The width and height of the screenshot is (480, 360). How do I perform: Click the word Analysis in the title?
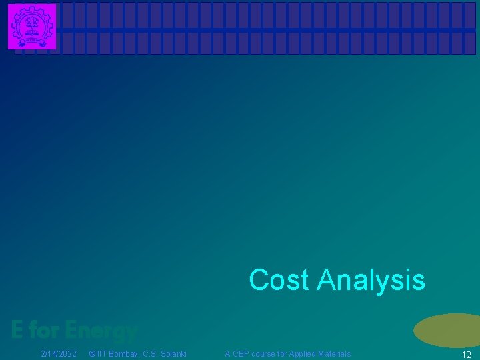point(371,281)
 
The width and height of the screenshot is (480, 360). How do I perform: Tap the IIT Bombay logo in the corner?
point(32,27)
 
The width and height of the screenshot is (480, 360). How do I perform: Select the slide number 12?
point(466,355)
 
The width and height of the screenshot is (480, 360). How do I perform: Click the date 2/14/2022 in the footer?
point(59,353)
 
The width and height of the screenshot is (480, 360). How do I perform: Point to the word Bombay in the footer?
point(124,353)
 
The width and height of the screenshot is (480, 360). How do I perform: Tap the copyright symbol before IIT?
point(93,353)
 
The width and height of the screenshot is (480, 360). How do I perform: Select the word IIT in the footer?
point(103,353)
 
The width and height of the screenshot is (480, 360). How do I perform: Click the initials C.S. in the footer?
point(149,353)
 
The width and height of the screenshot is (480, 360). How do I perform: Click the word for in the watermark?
point(45,329)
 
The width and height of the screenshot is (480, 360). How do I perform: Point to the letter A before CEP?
point(228,353)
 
